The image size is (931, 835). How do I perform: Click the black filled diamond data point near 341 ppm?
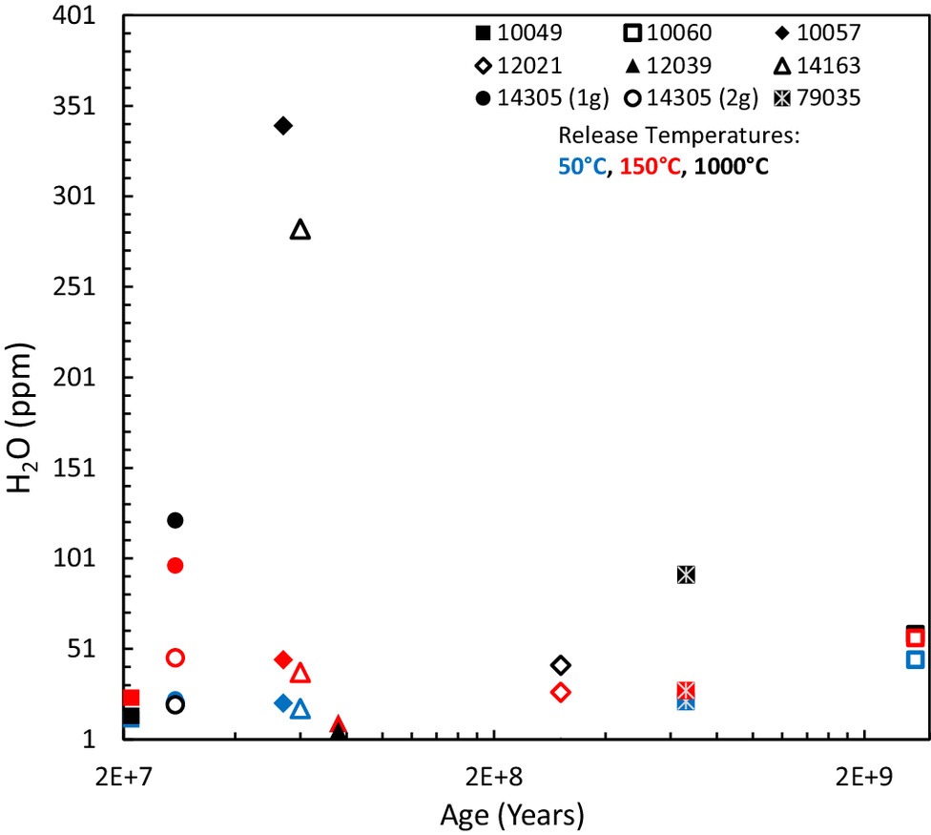[282, 125]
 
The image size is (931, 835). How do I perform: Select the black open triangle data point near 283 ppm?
[300, 230]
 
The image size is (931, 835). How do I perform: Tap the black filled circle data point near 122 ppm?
[175, 520]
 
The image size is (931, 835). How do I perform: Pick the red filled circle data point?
[175, 565]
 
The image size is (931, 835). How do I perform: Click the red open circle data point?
[175, 658]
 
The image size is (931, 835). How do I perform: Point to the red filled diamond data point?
[282, 659]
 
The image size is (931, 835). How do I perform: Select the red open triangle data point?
[300, 674]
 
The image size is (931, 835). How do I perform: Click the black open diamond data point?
[561, 665]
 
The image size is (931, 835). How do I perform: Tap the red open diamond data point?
[561, 692]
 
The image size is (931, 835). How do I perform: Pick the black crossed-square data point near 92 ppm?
[685, 574]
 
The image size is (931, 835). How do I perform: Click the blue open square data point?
[915, 659]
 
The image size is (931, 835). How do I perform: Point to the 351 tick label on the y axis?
[89, 106]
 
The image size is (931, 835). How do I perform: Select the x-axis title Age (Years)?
[512, 816]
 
